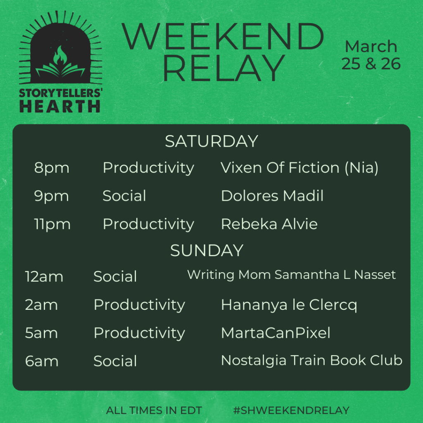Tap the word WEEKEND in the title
click(223, 36)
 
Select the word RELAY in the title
click(224, 68)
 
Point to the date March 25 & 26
click(371, 55)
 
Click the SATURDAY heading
click(211, 141)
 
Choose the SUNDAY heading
click(207, 250)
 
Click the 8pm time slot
click(52, 168)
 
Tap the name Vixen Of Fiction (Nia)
click(299, 168)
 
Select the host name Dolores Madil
click(272, 195)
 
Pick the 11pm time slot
click(52, 224)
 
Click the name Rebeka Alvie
click(269, 224)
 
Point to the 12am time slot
click(44, 277)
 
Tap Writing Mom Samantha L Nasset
click(291, 275)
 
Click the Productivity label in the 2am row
click(139, 305)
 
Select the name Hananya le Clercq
click(289, 305)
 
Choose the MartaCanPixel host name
click(276, 333)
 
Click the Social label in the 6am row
click(115, 361)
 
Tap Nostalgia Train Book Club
click(311, 360)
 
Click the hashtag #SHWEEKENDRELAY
click(291, 410)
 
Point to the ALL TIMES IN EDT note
click(154, 410)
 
